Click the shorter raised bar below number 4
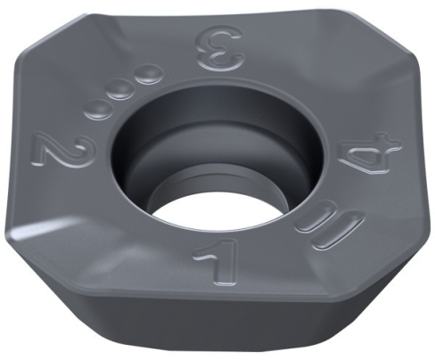click(316, 215)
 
